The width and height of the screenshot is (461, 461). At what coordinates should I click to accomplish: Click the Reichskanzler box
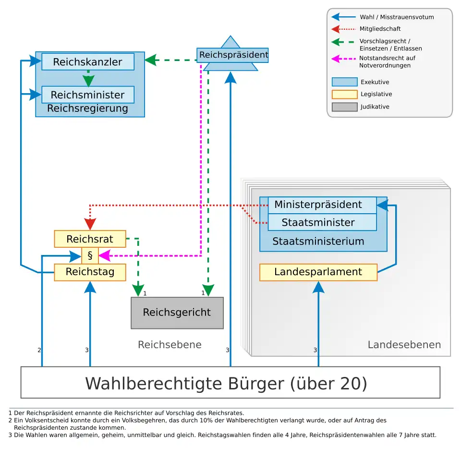point(87,62)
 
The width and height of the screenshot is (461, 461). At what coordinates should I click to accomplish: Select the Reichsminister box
point(87,95)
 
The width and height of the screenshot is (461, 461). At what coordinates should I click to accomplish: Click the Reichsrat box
point(90,239)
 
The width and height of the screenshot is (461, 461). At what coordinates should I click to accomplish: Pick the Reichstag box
point(90,272)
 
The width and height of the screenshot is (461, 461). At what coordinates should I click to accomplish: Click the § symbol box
point(90,255)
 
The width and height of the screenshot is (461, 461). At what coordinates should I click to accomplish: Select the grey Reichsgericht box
point(177,313)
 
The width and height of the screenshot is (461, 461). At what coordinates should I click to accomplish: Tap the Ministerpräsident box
point(318,205)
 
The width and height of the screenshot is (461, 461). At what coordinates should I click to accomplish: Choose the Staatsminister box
point(318,222)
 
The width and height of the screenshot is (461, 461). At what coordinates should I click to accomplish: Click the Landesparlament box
point(318,272)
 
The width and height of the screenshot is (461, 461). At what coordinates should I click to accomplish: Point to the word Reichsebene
point(170,345)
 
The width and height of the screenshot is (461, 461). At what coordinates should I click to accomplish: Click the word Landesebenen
point(404,345)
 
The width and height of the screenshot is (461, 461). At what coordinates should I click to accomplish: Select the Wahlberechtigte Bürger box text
point(226,383)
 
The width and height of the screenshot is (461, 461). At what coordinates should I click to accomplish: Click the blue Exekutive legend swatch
point(344,82)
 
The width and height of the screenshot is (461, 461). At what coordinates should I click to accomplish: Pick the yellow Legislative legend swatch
point(344,94)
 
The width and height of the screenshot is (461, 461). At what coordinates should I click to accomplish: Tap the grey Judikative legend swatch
point(344,107)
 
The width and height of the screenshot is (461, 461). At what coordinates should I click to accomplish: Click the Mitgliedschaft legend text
point(380,29)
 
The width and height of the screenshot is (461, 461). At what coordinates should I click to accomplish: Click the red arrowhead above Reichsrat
point(90,225)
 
